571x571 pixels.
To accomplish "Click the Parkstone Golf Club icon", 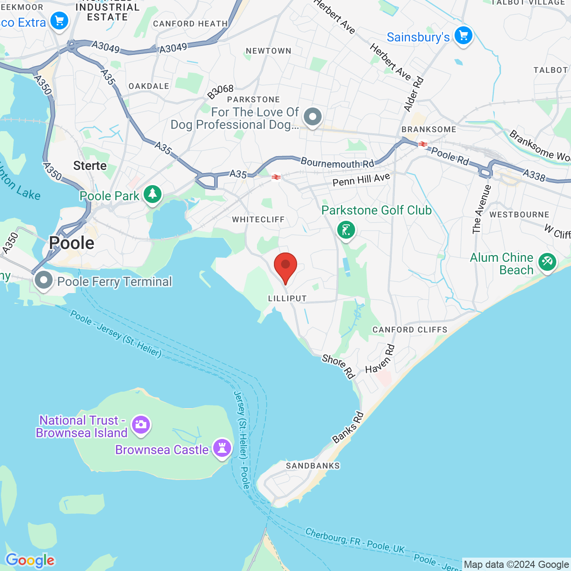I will (x=346, y=230).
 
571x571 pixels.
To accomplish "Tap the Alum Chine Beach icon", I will (x=547, y=262).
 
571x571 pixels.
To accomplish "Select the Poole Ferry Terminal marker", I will (x=44, y=281).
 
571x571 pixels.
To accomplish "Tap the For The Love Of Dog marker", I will (x=313, y=117).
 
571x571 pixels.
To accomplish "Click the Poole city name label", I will (x=72, y=243).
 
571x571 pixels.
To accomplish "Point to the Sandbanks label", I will (x=313, y=466).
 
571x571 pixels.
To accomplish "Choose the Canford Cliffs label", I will (x=410, y=330).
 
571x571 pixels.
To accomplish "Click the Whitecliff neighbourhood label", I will (x=258, y=219).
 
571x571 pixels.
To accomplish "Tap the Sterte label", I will (x=90, y=166).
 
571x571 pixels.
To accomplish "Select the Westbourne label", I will (x=519, y=215).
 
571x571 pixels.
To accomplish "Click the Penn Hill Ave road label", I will (x=361, y=180).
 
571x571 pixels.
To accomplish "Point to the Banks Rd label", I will (x=348, y=428).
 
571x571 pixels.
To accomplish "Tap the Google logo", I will (x=30, y=560).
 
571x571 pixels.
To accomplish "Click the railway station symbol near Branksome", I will (x=422, y=144).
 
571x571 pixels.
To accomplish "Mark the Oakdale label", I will (x=149, y=86).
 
